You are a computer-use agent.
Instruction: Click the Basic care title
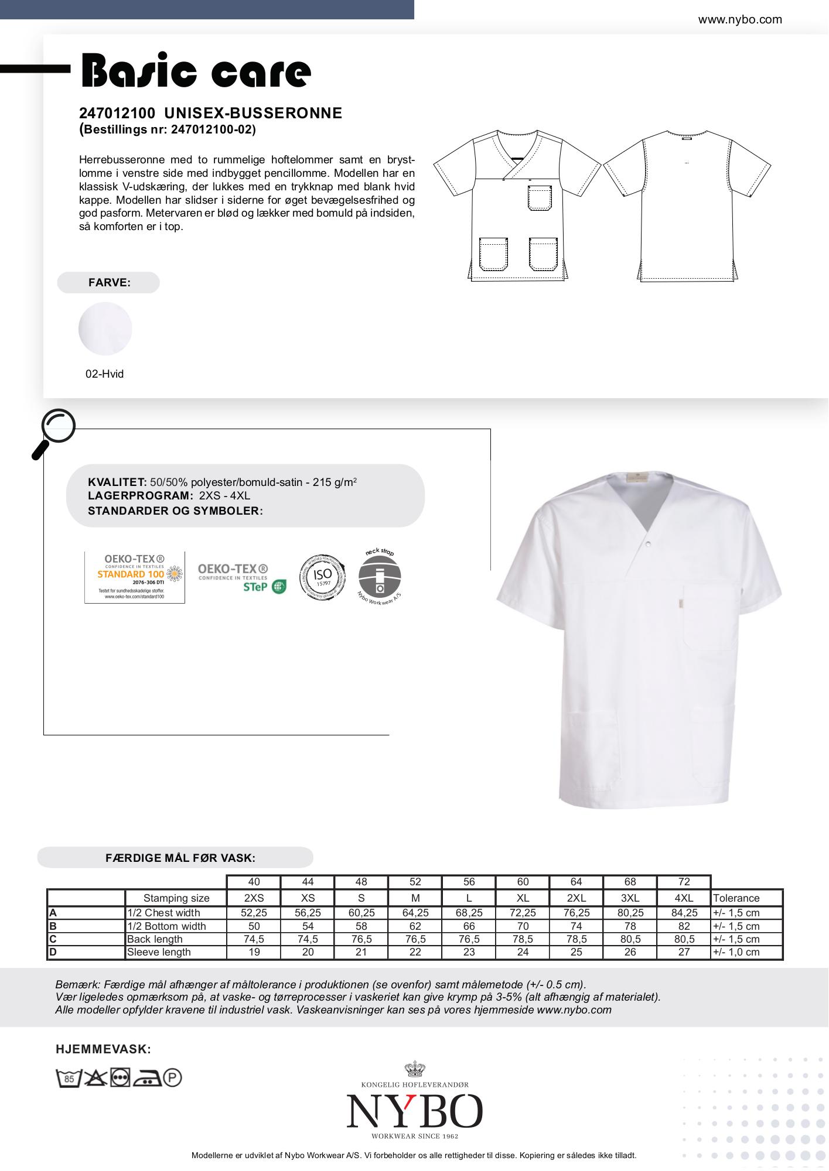pos(196,71)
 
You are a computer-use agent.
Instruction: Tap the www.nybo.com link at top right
pos(739,19)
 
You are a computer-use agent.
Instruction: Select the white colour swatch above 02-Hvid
pos(105,328)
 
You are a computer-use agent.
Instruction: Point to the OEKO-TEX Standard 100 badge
pos(135,577)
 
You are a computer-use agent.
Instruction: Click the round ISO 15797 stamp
pos(322,576)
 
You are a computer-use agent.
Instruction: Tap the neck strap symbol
pos(379,576)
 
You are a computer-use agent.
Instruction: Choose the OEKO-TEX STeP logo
pos(241,578)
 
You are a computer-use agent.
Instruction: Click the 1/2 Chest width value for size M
pos(415,913)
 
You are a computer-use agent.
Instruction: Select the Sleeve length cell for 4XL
pos(684,952)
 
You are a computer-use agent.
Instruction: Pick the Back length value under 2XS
pos(254,939)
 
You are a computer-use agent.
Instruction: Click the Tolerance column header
pos(736,898)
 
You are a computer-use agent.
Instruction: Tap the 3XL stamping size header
pos(630,898)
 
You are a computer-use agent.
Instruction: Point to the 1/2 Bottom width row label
pos(166,926)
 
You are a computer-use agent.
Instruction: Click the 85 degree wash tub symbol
pos(68,1078)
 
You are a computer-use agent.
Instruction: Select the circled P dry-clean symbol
pos(172,1078)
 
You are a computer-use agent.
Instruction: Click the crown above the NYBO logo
pos(414,1069)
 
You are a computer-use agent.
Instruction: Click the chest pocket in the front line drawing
pos(540,197)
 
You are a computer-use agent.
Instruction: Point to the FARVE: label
pos(109,282)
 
